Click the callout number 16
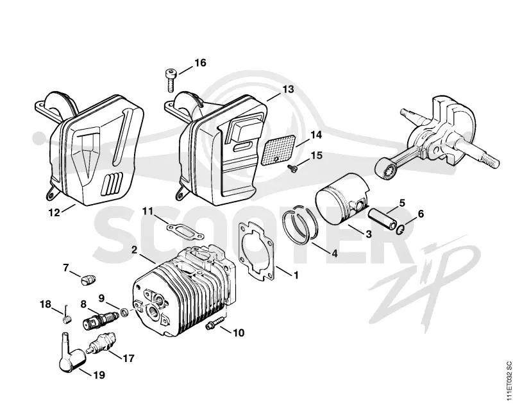click(x=200, y=62)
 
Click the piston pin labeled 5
click(x=382, y=220)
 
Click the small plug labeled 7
click(x=88, y=280)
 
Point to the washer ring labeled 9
click(x=124, y=313)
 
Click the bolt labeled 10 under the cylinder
click(x=215, y=322)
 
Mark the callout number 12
click(x=55, y=212)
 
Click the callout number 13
click(x=288, y=89)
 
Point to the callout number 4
click(x=334, y=254)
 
